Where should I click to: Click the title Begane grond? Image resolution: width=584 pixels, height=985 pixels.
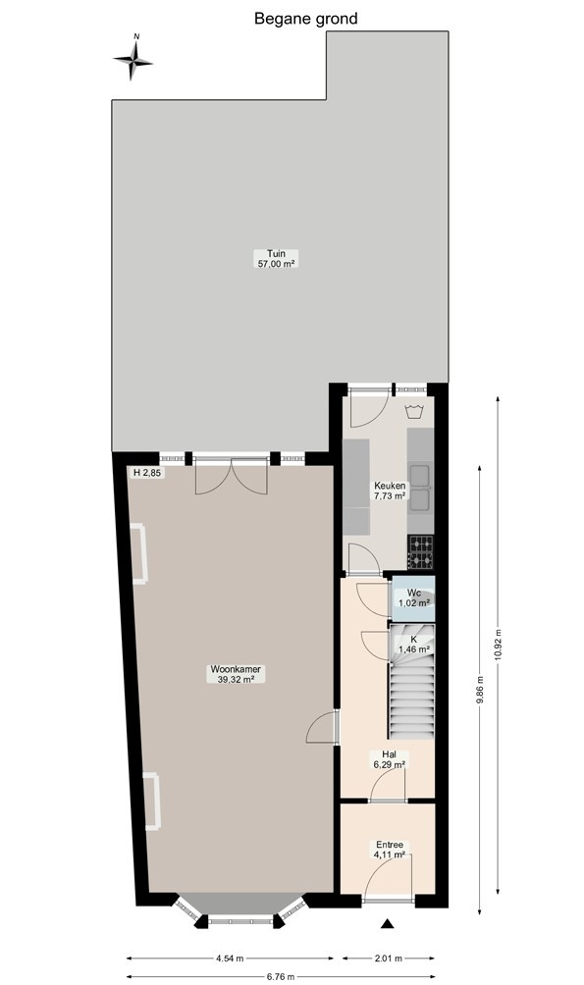click(x=305, y=19)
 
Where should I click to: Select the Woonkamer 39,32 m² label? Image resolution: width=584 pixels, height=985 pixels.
click(x=236, y=674)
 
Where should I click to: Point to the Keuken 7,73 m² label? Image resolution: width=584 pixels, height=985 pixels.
click(x=390, y=491)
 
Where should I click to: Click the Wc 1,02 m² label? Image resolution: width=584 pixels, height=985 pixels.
click(x=413, y=598)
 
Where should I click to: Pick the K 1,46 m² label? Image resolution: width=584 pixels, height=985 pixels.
click(x=413, y=644)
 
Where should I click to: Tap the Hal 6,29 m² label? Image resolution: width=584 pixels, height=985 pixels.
click(x=389, y=759)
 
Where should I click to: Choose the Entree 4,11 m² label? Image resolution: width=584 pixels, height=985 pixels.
click(x=390, y=850)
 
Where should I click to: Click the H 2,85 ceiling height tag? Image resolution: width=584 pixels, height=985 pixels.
click(x=146, y=473)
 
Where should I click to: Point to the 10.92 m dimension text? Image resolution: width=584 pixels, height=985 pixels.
click(x=498, y=644)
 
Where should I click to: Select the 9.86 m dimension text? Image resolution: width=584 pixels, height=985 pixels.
click(x=480, y=690)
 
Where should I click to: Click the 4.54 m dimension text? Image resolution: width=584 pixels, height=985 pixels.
click(x=230, y=959)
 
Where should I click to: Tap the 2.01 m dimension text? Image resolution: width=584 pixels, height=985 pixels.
click(x=388, y=959)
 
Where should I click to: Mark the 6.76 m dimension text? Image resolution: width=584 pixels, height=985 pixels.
click(x=281, y=976)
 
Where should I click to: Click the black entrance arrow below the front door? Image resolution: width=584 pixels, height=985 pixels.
click(x=388, y=923)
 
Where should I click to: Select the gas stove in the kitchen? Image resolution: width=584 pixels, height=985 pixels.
click(x=420, y=552)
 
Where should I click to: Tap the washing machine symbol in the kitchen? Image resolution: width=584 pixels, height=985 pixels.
click(x=413, y=412)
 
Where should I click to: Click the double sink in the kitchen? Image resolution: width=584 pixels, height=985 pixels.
click(x=419, y=487)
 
